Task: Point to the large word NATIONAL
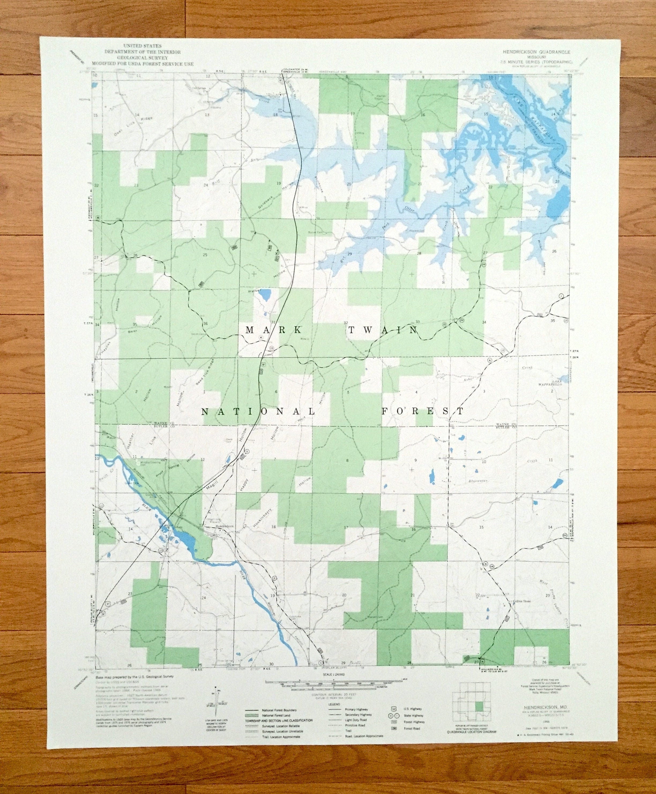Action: tap(259, 411)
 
